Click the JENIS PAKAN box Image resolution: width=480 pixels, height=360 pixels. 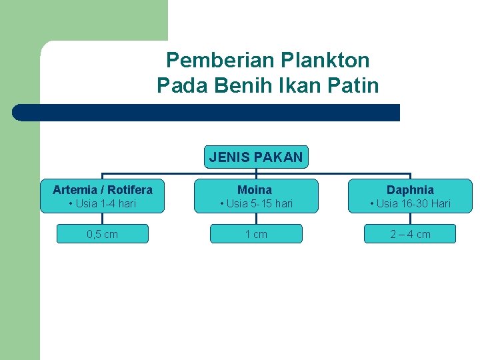click(256, 157)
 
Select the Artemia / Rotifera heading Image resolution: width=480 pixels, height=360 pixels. click(103, 190)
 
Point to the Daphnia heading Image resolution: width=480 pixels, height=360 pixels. click(410, 190)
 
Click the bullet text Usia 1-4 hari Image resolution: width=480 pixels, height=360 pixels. click(103, 203)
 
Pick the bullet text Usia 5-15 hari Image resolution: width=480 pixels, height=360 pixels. click(257, 203)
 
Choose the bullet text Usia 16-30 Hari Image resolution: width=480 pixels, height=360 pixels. click(411, 203)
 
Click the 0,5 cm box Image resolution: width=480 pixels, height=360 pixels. click(103, 234)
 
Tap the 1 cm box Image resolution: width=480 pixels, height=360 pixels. click(256, 234)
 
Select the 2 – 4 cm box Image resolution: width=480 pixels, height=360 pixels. click(410, 234)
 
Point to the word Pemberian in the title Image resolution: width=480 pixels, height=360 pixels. click(219, 61)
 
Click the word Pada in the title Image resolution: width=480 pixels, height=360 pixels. click(179, 85)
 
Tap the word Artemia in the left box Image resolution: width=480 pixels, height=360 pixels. click(75, 190)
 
